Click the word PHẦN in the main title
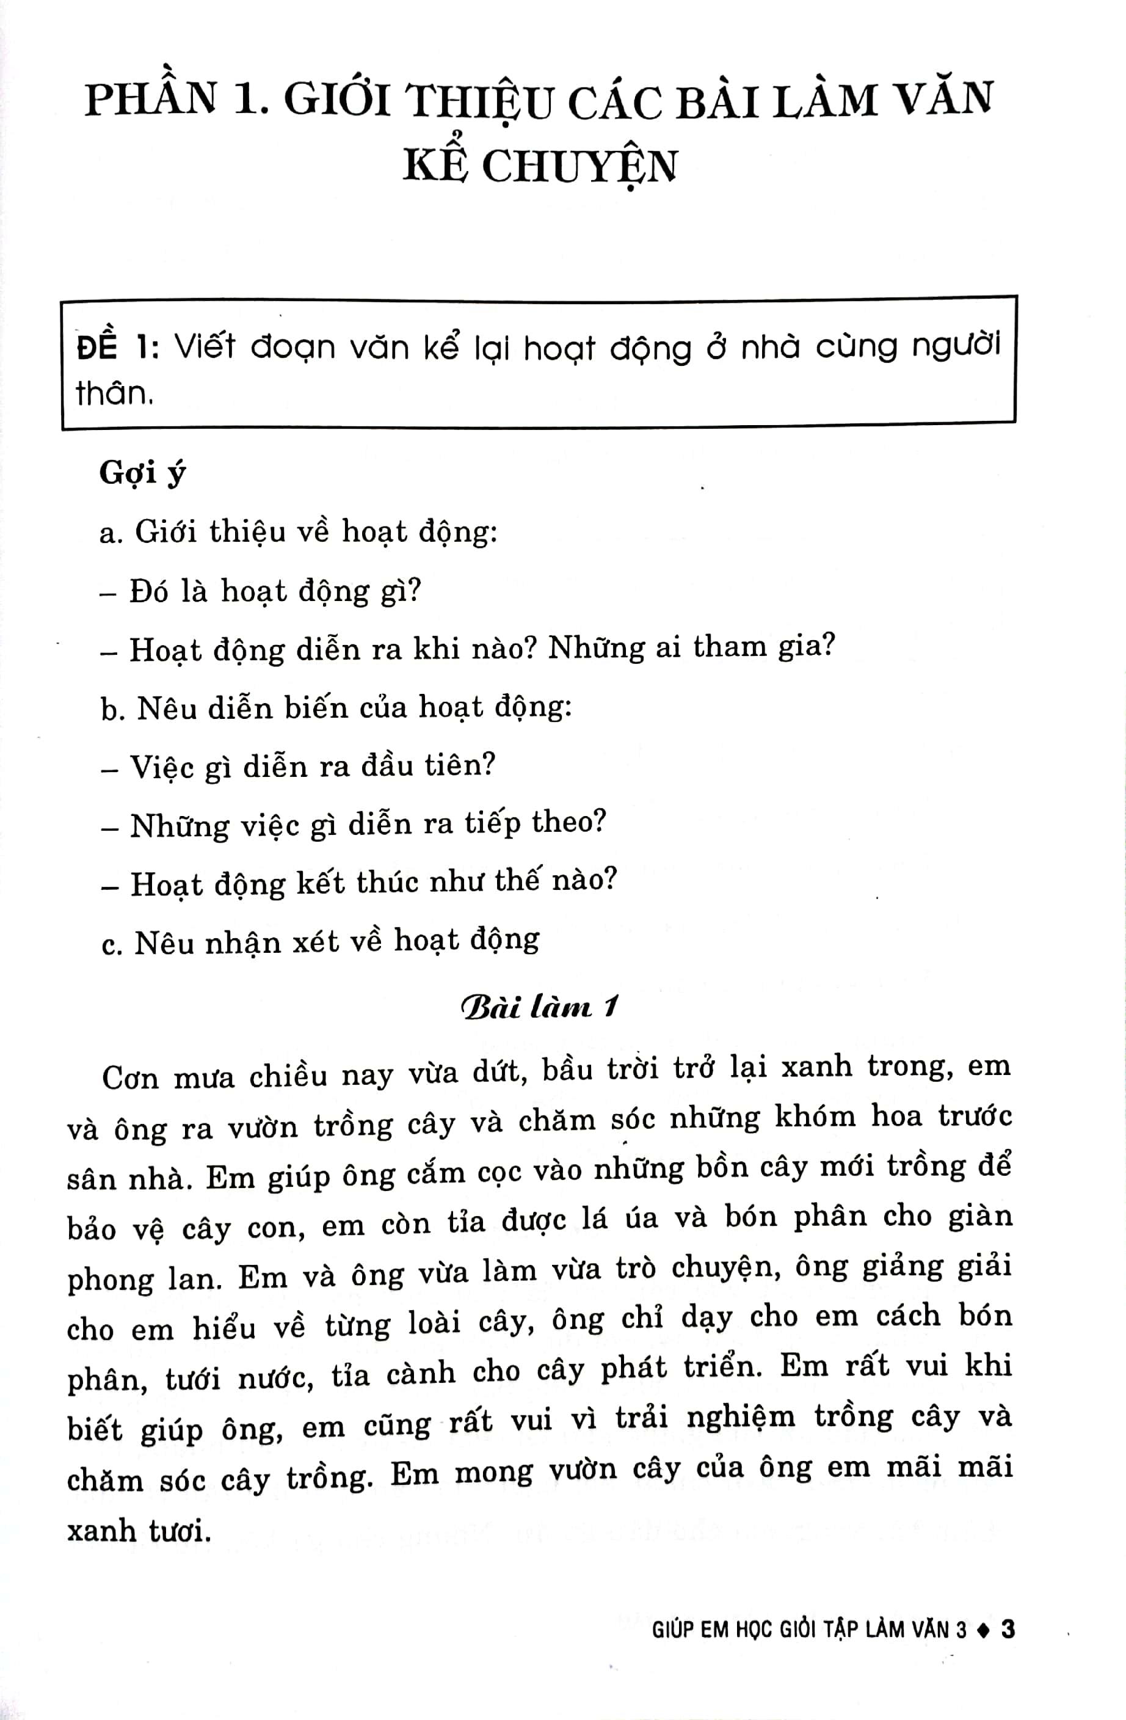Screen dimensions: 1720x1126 (x=150, y=100)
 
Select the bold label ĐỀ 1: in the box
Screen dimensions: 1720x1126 (x=118, y=348)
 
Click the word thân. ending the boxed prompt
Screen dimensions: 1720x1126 (x=115, y=394)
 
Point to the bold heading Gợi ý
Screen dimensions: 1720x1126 (x=142, y=474)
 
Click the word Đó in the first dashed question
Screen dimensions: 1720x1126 (x=150, y=592)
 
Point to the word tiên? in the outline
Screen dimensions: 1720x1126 (x=460, y=765)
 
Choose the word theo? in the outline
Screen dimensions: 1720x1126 (x=568, y=823)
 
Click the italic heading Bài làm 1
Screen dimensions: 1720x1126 (x=539, y=1007)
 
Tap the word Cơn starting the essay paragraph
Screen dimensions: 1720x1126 (x=130, y=1077)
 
